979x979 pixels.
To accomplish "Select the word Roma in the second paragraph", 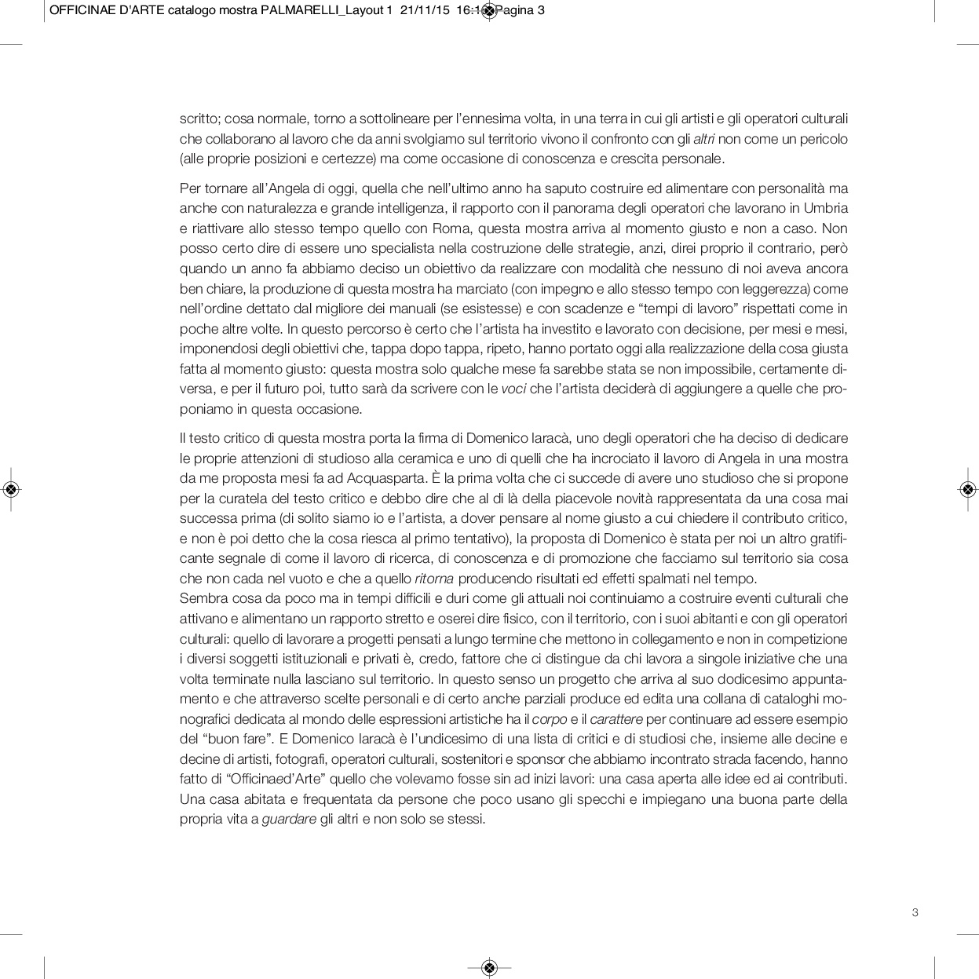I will (449, 229).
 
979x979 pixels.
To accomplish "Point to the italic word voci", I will (514, 389).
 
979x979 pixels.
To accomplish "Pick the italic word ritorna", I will (434, 579).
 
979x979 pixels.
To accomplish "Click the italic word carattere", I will (616, 719).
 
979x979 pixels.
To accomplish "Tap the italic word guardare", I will (289, 820).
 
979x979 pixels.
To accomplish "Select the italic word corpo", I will (550, 719).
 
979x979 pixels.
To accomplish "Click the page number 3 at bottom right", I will (915, 912).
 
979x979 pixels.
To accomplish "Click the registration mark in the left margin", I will (11, 490).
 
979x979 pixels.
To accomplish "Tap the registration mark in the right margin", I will (966, 490).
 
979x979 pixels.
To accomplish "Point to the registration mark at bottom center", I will (489, 967).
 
